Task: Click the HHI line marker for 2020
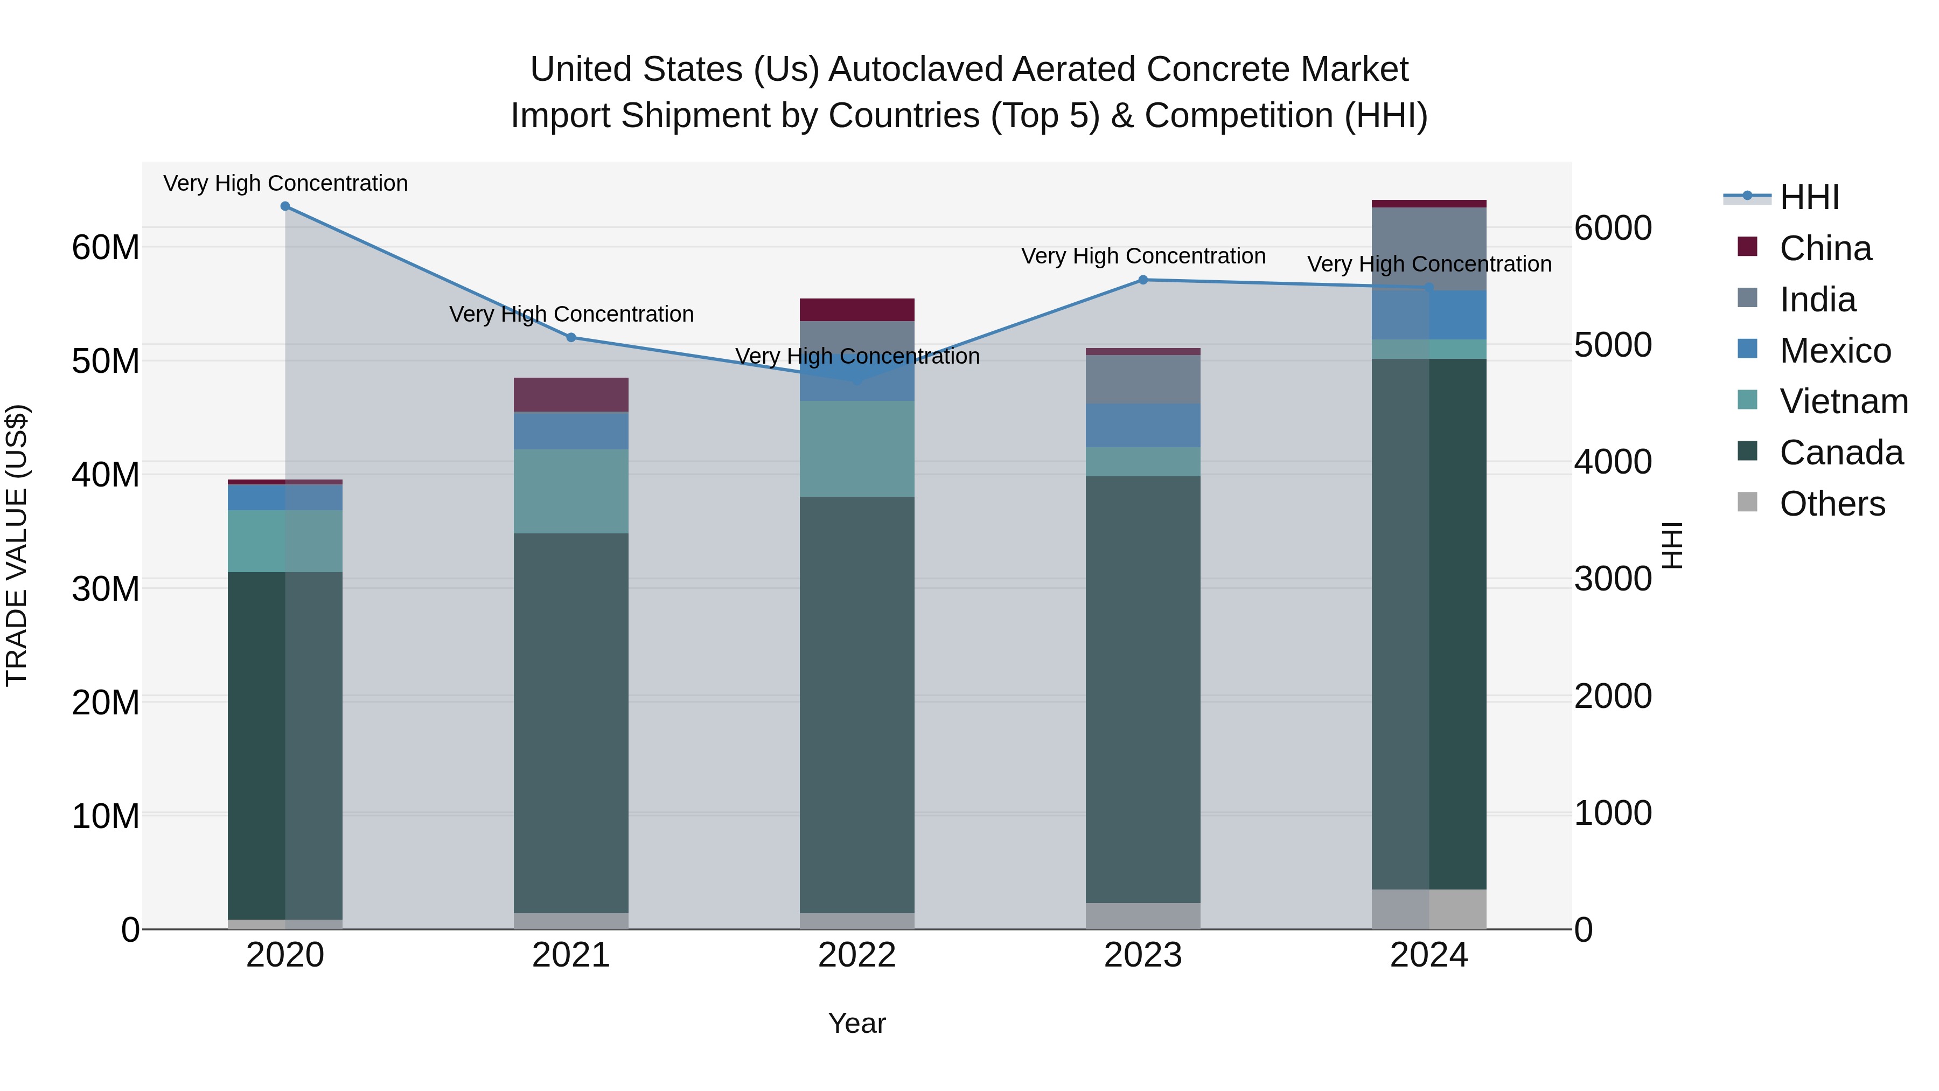[x=285, y=206]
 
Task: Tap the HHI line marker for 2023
[x=1142, y=280]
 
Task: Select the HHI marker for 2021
[x=571, y=337]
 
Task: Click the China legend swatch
[x=1747, y=247]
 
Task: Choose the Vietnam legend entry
[x=1844, y=401]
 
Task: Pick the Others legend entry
[x=1832, y=504]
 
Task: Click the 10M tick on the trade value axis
[x=106, y=816]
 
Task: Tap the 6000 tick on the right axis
[x=1613, y=228]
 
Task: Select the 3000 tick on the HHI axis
[x=1613, y=579]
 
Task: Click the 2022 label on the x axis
[x=856, y=955]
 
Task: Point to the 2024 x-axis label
[x=1428, y=955]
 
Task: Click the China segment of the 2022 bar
[x=856, y=309]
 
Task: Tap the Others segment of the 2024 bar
[x=1428, y=909]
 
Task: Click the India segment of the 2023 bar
[x=1142, y=379]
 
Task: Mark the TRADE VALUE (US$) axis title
[x=17, y=546]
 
